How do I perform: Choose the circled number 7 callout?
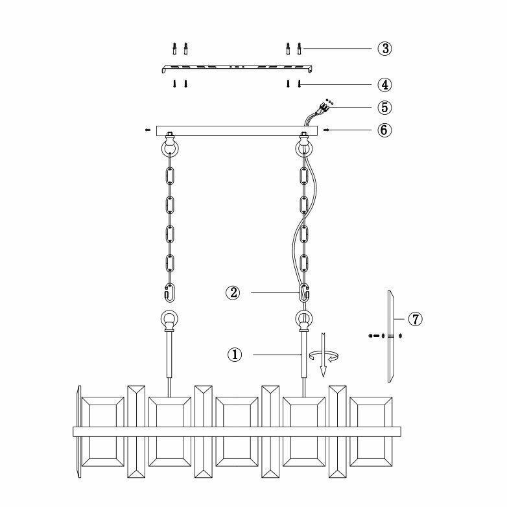pyautogui.click(x=416, y=318)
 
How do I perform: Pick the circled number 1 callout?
pyautogui.click(x=235, y=355)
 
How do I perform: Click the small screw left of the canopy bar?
pyautogui.click(x=148, y=130)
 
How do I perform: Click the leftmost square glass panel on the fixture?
pyautogui.click(x=102, y=431)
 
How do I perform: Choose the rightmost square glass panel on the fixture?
pyautogui.click(x=371, y=431)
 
